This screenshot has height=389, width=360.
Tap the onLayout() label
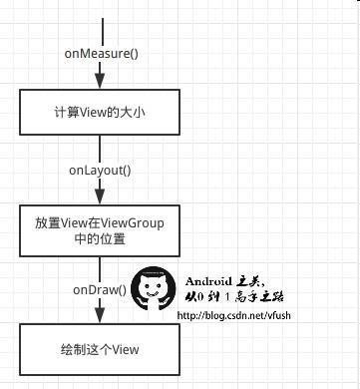(x=99, y=171)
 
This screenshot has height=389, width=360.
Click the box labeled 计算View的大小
(x=99, y=113)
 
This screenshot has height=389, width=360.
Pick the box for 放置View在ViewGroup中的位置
(x=99, y=231)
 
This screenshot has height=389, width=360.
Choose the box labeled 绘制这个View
(x=99, y=349)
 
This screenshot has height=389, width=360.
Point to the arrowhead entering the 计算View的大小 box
(x=99, y=84)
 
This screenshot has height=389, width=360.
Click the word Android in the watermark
(x=207, y=279)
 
